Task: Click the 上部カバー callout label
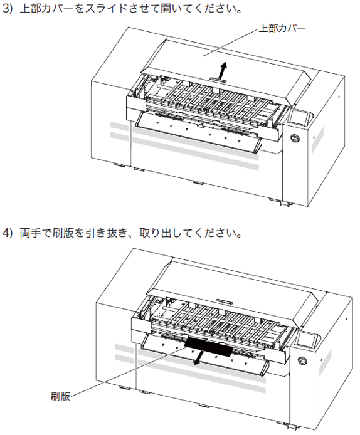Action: click(x=282, y=29)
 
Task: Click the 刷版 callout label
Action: click(x=60, y=396)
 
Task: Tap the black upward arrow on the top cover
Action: click(x=222, y=70)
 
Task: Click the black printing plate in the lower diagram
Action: click(x=208, y=347)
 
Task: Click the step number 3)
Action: click(x=8, y=9)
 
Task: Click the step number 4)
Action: click(x=8, y=233)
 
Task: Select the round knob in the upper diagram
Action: click(x=295, y=138)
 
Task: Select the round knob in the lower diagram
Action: click(x=302, y=360)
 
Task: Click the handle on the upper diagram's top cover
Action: click(x=218, y=80)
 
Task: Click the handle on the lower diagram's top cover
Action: click(x=225, y=301)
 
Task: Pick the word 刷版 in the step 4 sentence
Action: click(x=63, y=233)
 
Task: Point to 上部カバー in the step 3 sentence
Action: click(x=46, y=9)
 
